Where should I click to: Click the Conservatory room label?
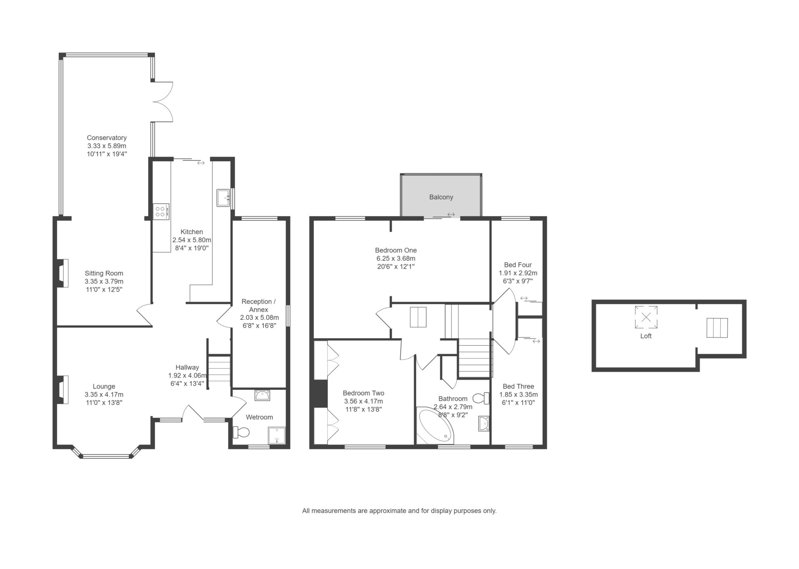pos(107,138)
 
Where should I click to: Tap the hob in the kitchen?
pos(161,211)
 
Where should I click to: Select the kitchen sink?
pos(223,198)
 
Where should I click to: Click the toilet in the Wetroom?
pos(241,432)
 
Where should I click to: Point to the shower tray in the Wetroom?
pos(277,436)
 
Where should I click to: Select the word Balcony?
pos(441,197)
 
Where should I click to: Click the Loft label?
pos(646,336)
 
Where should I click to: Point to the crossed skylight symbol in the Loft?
pos(646,317)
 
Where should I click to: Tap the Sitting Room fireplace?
pos(62,273)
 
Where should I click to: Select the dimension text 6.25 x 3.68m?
pos(396,258)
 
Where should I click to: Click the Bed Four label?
pos(518,265)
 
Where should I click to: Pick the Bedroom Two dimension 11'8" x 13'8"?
pos(363,409)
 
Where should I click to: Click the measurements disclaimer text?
pos(399,511)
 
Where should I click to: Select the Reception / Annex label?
pos(258,306)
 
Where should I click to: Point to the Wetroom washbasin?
pos(262,395)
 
